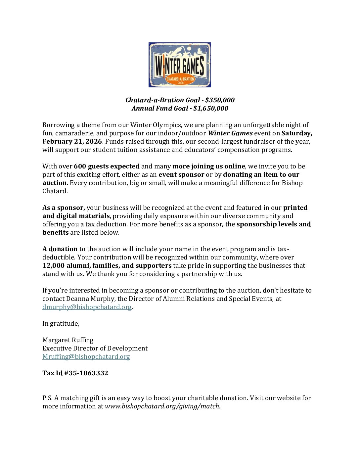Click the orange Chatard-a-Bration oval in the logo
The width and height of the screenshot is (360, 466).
coord(180,80)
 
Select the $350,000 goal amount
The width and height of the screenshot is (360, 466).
coord(220,100)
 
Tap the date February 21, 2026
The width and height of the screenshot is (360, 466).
coord(72,141)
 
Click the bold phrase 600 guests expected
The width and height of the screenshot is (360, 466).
coord(107,166)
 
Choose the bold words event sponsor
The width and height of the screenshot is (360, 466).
coord(181,174)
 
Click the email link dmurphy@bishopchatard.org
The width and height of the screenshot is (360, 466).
coord(87,307)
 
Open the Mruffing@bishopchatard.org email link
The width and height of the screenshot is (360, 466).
coord(86,356)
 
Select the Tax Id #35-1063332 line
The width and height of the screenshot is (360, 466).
coord(75,373)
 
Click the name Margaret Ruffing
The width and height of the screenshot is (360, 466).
coord(68,340)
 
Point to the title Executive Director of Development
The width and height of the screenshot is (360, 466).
coord(95,348)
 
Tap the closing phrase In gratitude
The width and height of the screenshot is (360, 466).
coord(61,323)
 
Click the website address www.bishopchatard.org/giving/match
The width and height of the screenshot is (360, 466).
coord(162,406)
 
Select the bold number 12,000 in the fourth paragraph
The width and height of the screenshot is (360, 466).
coord(53,265)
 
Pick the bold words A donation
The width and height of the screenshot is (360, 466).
coord(60,249)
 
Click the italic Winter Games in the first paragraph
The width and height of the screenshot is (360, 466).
coord(230,133)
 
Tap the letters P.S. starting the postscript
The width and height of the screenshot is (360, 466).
coord(47,398)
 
